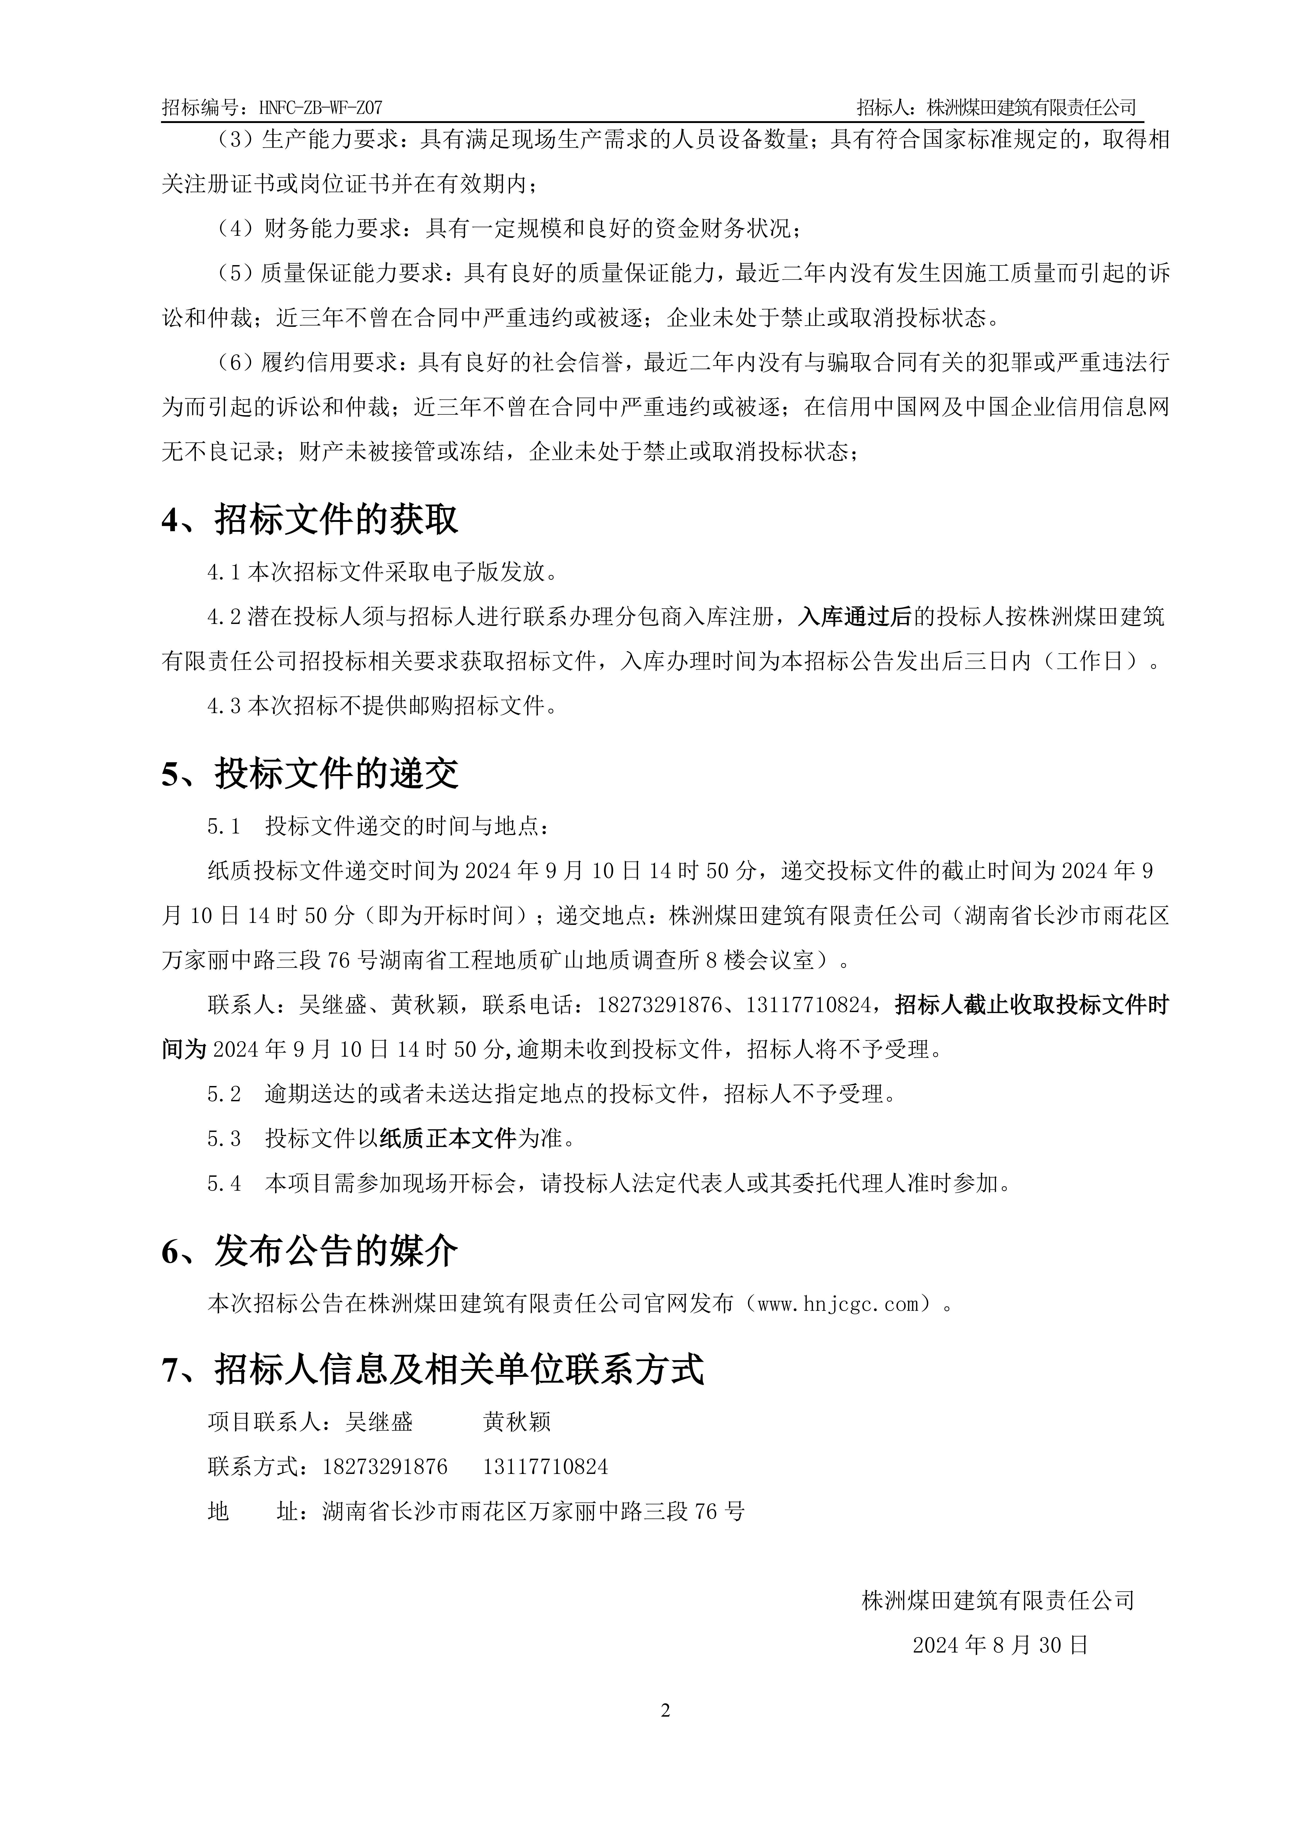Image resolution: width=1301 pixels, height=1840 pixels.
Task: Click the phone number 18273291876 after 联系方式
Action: click(x=385, y=1467)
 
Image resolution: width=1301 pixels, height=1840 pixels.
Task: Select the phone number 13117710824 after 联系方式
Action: click(x=545, y=1467)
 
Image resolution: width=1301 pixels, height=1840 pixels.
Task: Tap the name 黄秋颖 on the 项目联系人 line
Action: click(x=517, y=1422)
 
